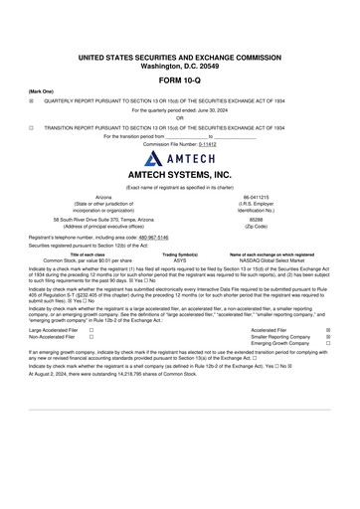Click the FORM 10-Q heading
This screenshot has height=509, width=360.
[x=179, y=80]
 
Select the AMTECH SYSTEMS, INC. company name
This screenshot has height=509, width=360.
[x=179, y=174]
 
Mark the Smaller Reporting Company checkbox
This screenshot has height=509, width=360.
[x=329, y=336]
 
